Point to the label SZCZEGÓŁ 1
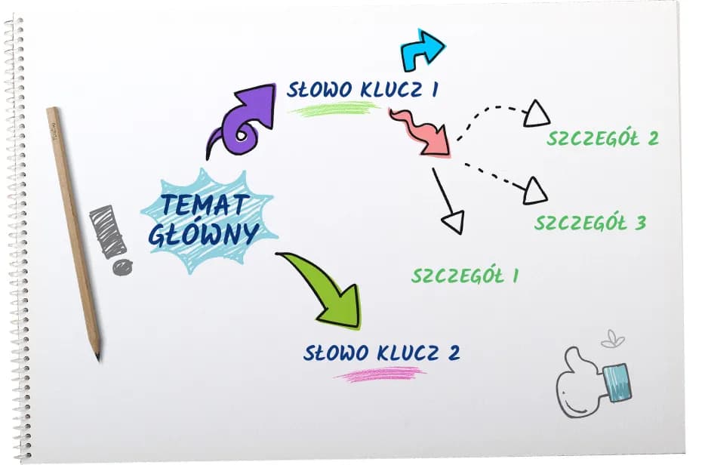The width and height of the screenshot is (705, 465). pyautogui.click(x=464, y=276)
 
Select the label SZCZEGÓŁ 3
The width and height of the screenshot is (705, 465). pyautogui.click(x=590, y=223)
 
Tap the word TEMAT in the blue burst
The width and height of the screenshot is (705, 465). pyautogui.click(x=207, y=205)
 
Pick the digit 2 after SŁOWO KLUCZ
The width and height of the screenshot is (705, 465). pyautogui.click(x=452, y=353)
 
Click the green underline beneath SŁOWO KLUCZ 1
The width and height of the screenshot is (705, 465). pyautogui.click(x=332, y=110)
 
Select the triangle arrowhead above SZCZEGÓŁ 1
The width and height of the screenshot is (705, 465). pyautogui.click(x=452, y=223)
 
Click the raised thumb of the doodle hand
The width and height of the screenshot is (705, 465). pyautogui.click(x=575, y=359)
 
